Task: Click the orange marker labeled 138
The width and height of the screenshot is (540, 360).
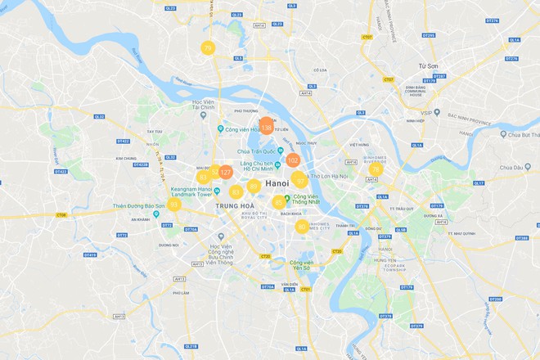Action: (x=266, y=127)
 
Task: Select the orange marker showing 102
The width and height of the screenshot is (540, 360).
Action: (x=293, y=160)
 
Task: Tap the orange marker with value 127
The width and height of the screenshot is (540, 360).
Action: (x=226, y=173)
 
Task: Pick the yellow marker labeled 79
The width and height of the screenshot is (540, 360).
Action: (x=208, y=49)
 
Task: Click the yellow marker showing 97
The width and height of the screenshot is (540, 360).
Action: (x=300, y=181)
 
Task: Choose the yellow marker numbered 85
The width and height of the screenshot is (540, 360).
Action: (x=279, y=202)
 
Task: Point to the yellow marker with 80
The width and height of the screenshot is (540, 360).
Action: (x=302, y=227)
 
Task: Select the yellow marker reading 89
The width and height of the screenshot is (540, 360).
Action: (x=254, y=187)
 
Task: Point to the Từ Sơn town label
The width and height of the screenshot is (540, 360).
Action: (x=429, y=65)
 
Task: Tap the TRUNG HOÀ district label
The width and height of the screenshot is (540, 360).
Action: (x=232, y=205)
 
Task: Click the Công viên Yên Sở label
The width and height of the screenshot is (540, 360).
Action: (x=301, y=265)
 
